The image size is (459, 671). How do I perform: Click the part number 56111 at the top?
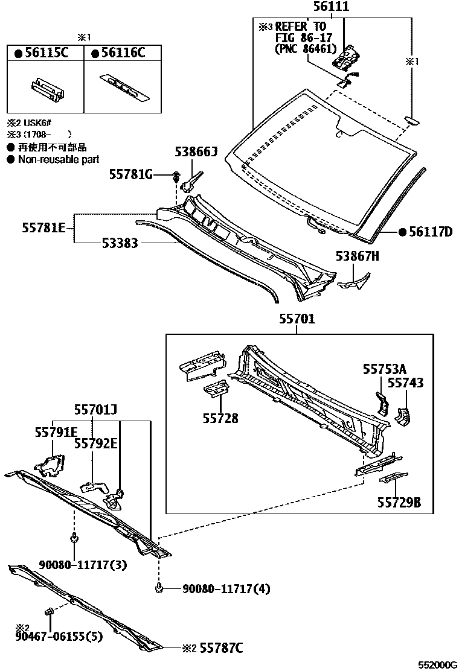coord(331,7)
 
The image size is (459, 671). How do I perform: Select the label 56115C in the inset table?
coord(42,53)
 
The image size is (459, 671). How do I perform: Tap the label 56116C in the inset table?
coord(123,53)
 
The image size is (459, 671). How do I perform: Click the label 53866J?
coord(196,153)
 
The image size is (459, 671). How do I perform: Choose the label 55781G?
coord(131,174)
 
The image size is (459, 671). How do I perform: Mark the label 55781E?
coord(44,228)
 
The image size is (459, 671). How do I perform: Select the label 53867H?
coord(358,257)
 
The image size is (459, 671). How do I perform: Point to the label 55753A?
coord(385,369)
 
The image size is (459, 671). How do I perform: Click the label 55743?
coord(405,383)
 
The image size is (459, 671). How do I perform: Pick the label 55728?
coord(220,418)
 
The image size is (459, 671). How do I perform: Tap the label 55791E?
coord(56,432)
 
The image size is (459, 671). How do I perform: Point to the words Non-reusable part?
coord(59,159)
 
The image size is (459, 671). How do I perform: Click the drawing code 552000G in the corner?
coord(438,665)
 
